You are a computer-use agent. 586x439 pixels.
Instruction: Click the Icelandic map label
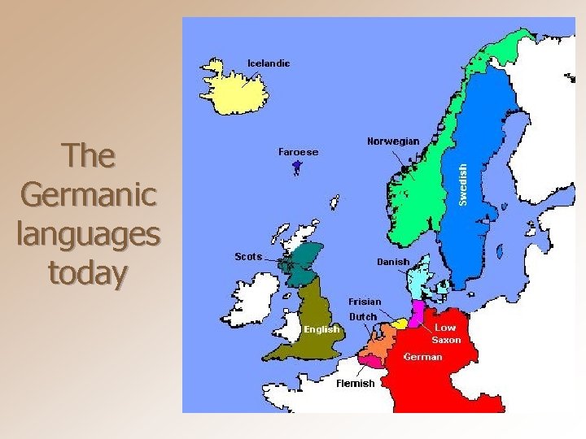point(269,63)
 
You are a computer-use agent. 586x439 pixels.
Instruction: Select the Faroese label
point(298,152)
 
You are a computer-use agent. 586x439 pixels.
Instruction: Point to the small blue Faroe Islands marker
point(297,167)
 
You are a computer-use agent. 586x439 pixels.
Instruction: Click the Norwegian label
point(393,141)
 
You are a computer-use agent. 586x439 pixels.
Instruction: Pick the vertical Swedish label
point(462,184)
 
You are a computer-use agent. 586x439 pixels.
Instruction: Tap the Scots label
point(248,257)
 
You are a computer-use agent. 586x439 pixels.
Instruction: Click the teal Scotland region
point(303,260)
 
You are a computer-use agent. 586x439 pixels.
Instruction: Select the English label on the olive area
point(321,329)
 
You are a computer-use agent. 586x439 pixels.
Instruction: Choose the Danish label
point(392,262)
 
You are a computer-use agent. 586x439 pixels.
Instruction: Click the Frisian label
point(365,302)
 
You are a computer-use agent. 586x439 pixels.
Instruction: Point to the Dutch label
point(363,316)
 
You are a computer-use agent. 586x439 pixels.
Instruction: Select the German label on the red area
point(423,356)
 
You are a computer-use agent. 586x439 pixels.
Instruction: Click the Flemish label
point(356,383)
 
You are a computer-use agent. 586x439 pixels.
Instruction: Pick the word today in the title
point(88,274)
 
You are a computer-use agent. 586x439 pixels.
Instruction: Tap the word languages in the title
point(88,235)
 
